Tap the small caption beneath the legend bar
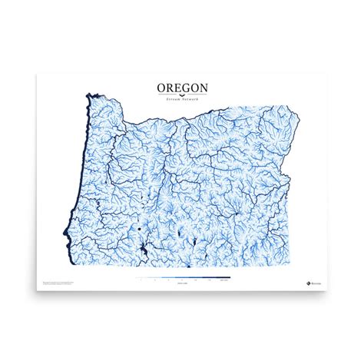[181, 284]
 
